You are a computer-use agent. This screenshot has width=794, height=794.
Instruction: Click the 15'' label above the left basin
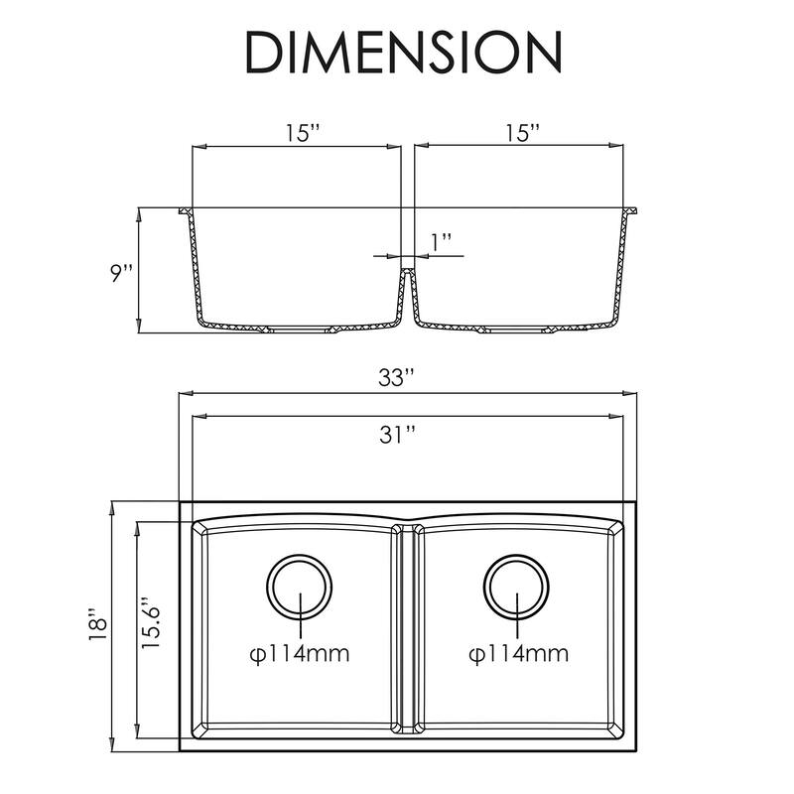pos(296,131)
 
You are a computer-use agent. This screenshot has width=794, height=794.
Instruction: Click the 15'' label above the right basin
pos(521,131)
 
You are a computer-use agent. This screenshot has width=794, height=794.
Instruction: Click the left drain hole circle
pos(298,585)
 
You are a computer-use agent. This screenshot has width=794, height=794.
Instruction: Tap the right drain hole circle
pos(516,585)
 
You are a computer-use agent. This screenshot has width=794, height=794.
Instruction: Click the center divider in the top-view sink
pos(407,630)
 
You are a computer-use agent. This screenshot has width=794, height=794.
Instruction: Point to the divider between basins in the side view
pos(407,288)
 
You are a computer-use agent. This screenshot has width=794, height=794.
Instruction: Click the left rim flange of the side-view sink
pos(185,211)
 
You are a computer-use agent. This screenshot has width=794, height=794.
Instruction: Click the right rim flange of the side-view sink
pos(632,211)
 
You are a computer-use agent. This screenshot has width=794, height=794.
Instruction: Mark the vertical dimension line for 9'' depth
pos(140,270)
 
